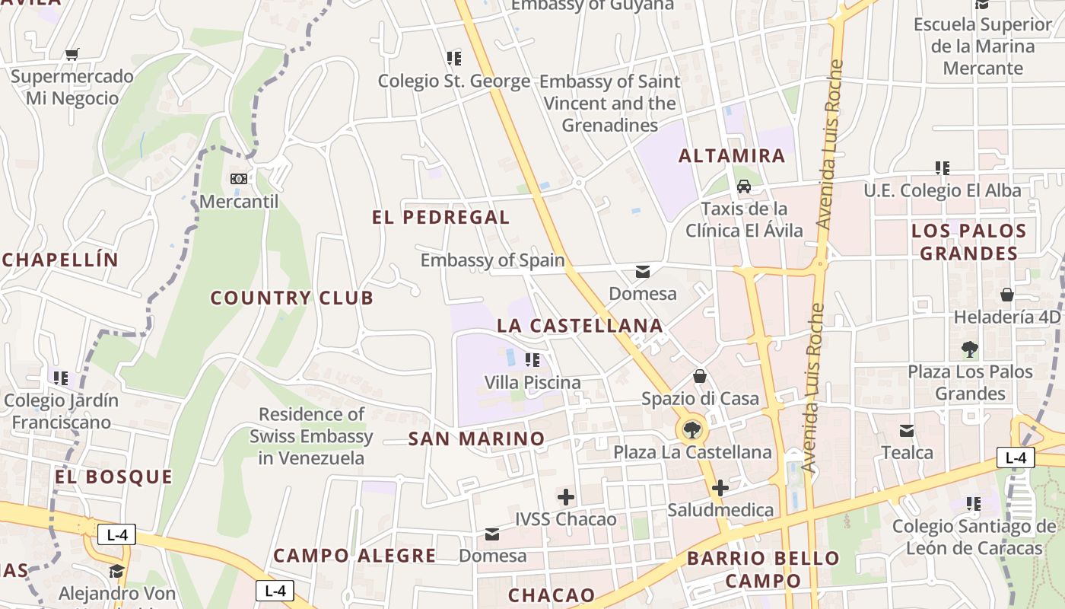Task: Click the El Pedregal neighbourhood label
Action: pos(440,217)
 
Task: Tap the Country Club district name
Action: pos(292,298)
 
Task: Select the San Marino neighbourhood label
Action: pos(476,438)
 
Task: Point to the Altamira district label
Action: pos(731,156)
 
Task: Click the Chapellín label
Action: pos(60,260)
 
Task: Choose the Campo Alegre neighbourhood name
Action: pos(354,556)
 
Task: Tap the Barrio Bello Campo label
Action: pos(763,569)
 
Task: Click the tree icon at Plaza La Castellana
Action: pos(691,430)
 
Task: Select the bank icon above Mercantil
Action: pos(239,179)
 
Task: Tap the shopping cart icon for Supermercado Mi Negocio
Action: pos(72,54)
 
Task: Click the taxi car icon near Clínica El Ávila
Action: pos(744,186)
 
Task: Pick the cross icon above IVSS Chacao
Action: pos(566,497)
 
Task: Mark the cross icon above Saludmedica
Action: pos(720,488)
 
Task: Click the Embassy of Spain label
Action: pos(492,260)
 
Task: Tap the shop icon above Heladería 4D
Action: pos(1007,295)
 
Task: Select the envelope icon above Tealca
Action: pos(907,431)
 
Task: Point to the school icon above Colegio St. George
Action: pos(454,58)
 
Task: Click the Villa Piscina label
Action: pos(532,382)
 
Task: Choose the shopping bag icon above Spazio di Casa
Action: pos(700,376)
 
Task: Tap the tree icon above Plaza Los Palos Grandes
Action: pos(969,349)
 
